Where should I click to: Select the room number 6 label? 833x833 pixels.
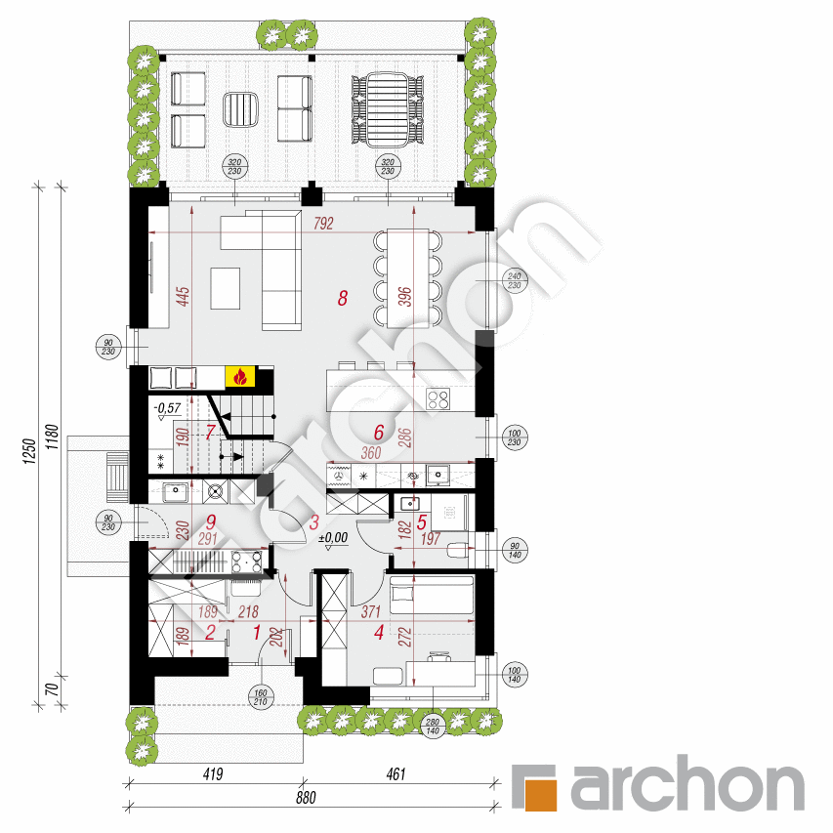point(380,431)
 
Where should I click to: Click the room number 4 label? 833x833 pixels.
point(379,632)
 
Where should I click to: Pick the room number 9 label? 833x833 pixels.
point(209,521)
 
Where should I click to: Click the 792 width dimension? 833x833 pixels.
point(323,224)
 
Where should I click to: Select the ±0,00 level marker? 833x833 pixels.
point(334,537)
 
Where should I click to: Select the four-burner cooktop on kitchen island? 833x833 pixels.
point(437,397)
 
